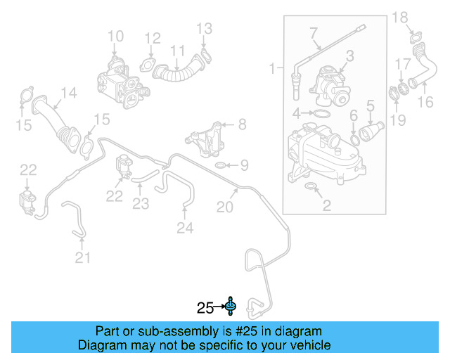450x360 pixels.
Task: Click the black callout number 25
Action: pyautogui.click(x=205, y=307)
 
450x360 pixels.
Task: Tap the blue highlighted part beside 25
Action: pyautogui.click(x=231, y=306)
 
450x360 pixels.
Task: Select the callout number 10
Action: pyautogui.click(x=115, y=35)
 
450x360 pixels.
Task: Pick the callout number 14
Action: pyautogui.click(x=68, y=92)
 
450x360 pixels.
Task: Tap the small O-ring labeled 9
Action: pyautogui.click(x=219, y=166)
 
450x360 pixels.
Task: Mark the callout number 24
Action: pyautogui.click(x=184, y=227)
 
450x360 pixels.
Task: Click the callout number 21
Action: pyautogui.click(x=83, y=258)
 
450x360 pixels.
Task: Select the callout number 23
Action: pyautogui.click(x=141, y=204)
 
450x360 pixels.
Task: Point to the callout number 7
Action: pyautogui.click(x=314, y=32)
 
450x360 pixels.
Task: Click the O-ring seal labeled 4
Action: pyautogui.click(x=320, y=113)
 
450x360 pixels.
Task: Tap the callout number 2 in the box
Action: pyautogui.click(x=326, y=205)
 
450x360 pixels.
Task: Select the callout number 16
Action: pyautogui.click(x=426, y=103)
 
